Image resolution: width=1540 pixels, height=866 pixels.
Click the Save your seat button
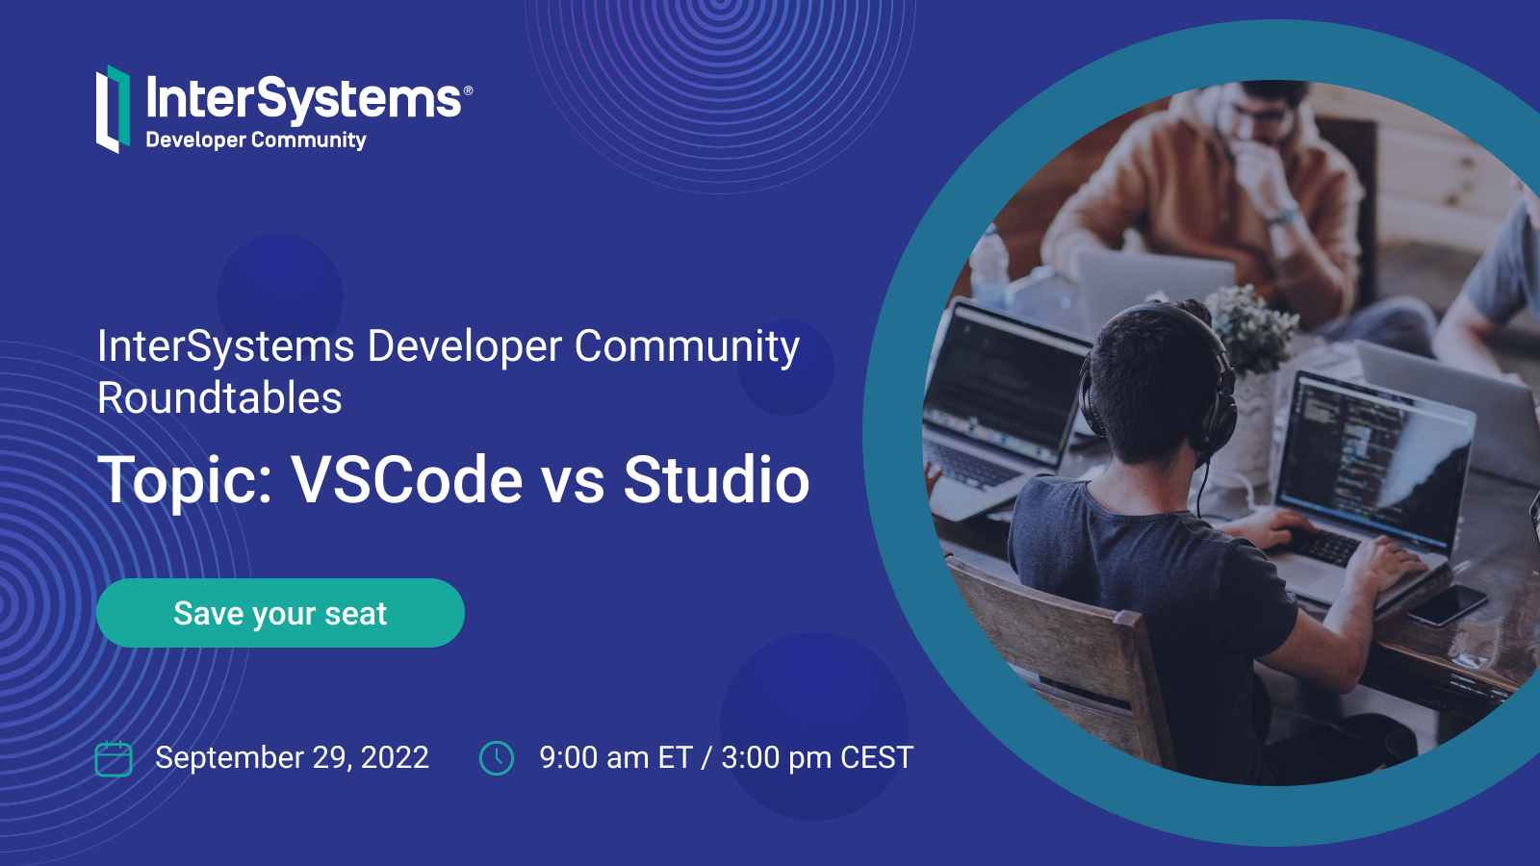[x=280, y=613]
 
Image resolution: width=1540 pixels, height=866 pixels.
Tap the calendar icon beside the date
[x=114, y=758]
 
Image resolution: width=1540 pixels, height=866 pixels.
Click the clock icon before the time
[x=497, y=758]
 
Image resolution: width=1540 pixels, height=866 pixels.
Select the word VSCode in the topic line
[x=407, y=479]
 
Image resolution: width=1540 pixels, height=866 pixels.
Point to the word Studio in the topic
[x=716, y=479]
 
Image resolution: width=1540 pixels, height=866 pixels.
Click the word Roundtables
[x=219, y=398]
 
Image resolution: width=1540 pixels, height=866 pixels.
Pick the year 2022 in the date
[x=395, y=758]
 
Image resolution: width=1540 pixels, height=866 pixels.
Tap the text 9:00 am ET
[x=616, y=758]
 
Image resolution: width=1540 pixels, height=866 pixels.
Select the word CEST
[x=876, y=758]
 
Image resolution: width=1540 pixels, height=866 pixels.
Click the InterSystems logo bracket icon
[x=113, y=109]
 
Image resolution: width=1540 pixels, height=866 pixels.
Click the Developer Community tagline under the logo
[x=256, y=140]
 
